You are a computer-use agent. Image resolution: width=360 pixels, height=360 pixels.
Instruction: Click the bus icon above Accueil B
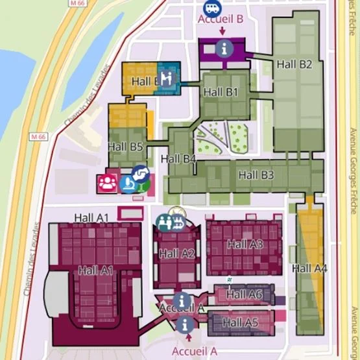pyautogui.click(x=211, y=8)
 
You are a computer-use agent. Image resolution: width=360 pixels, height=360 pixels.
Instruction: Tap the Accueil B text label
pyautogui.click(x=221, y=19)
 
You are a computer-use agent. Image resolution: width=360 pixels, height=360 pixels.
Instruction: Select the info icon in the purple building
pyautogui.click(x=224, y=47)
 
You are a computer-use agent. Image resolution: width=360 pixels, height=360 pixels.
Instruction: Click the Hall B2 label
pyautogui.click(x=294, y=64)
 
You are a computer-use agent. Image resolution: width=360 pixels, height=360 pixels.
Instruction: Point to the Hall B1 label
pyautogui.click(x=221, y=92)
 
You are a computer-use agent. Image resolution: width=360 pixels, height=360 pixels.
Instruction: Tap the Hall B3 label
pyautogui.click(x=256, y=174)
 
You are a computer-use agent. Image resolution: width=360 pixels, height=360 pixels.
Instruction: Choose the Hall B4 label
pyautogui.click(x=178, y=158)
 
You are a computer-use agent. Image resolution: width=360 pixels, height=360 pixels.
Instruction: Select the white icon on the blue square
pyautogui.click(x=167, y=78)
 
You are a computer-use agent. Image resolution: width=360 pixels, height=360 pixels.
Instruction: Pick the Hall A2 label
pyautogui.click(x=176, y=254)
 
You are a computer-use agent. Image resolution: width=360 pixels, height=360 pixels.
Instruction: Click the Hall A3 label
pyautogui.click(x=245, y=245)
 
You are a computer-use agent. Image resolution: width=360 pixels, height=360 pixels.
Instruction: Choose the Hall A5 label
pyautogui.click(x=241, y=322)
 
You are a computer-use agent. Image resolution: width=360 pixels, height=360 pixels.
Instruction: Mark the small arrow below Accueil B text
pyautogui.click(x=222, y=30)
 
